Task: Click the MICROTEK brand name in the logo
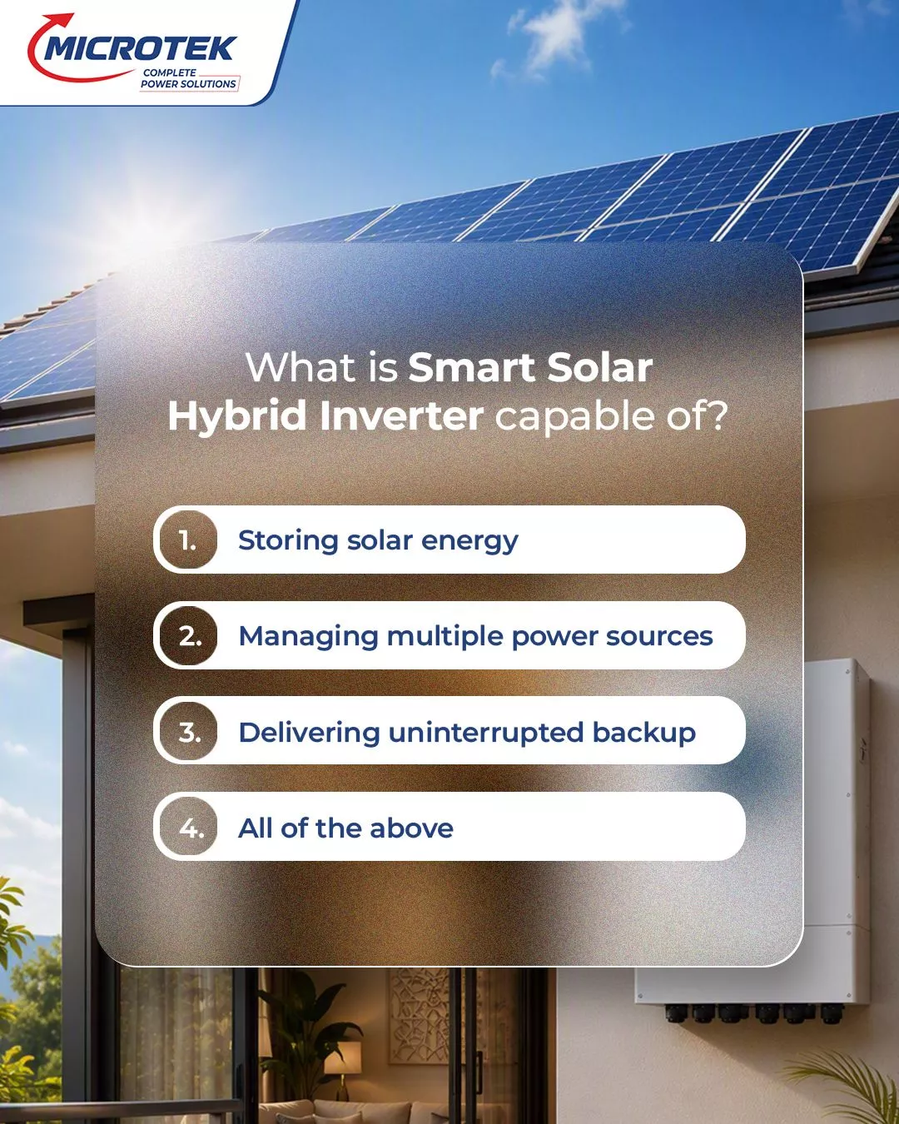pyautogui.click(x=140, y=48)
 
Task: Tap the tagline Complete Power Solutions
pyautogui.click(x=189, y=78)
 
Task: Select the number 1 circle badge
pyautogui.click(x=188, y=540)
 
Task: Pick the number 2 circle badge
pyautogui.click(x=188, y=635)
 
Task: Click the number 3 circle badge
pyautogui.click(x=188, y=731)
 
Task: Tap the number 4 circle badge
pyautogui.click(x=188, y=827)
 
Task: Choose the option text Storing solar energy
pyautogui.click(x=378, y=541)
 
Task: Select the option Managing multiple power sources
pyautogui.click(x=475, y=637)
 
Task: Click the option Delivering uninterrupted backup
pyautogui.click(x=467, y=733)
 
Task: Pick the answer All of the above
pyautogui.click(x=345, y=828)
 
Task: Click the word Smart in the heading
pyautogui.click(x=469, y=367)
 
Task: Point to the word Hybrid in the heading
pyautogui.click(x=237, y=418)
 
